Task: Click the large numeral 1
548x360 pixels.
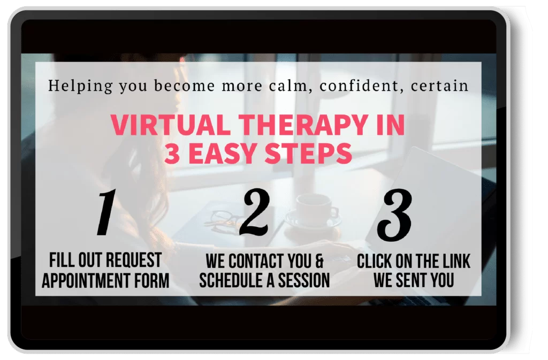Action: point(107,214)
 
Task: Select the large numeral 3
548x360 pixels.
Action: point(395,214)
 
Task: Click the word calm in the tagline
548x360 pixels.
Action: point(279,85)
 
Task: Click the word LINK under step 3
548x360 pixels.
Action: point(454,261)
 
